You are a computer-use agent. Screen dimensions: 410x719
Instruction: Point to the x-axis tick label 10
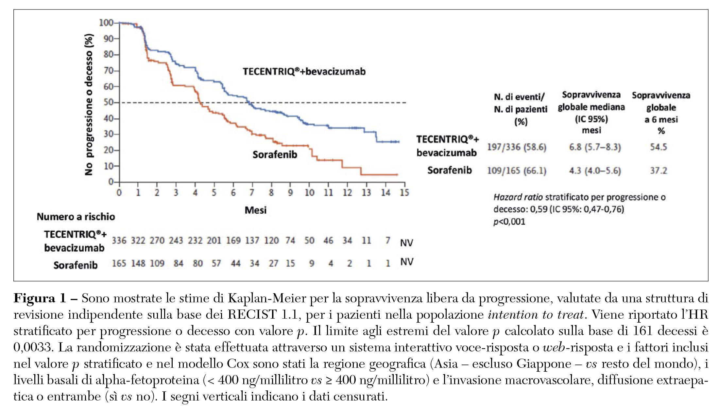(x=309, y=192)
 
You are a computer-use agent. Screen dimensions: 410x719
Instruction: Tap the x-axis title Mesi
(x=255, y=210)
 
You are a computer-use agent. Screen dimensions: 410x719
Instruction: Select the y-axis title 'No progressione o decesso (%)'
(x=89, y=105)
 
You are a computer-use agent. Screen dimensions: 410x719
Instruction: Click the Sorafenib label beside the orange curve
(x=275, y=154)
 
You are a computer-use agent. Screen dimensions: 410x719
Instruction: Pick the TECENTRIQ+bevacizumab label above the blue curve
(x=304, y=71)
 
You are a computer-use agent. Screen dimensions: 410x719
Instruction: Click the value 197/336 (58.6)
(x=517, y=147)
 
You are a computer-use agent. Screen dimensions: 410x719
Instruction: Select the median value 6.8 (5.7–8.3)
(x=595, y=147)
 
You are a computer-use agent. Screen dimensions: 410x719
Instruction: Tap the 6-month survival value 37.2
(x=658, y=171)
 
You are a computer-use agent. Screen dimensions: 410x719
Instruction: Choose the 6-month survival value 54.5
(x=658, y=147)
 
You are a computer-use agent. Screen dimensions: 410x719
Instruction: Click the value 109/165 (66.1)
(x=517, y=171)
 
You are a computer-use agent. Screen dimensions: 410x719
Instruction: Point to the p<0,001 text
(x=509, y=222)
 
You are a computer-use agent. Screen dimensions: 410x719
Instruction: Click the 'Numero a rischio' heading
(x=76, y=217)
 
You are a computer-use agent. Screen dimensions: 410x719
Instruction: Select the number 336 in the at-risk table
(x=119, y=241)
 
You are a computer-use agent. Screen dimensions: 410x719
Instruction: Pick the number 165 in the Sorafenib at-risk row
(x=119, y=263)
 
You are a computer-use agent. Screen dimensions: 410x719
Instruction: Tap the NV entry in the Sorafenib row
(x=406, y=262)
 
